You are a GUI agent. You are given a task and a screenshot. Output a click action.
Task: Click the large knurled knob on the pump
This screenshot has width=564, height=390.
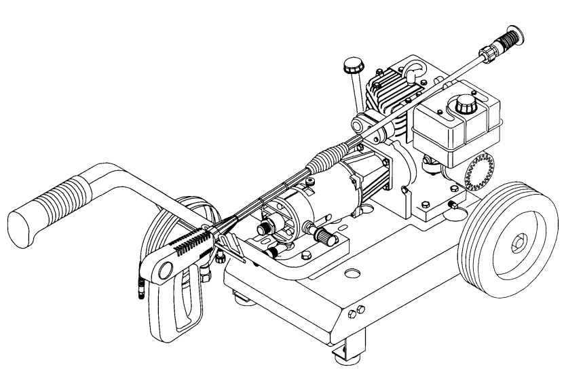coord(322,237)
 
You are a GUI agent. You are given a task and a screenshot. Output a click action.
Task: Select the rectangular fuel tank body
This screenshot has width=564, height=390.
coord(453,129)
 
